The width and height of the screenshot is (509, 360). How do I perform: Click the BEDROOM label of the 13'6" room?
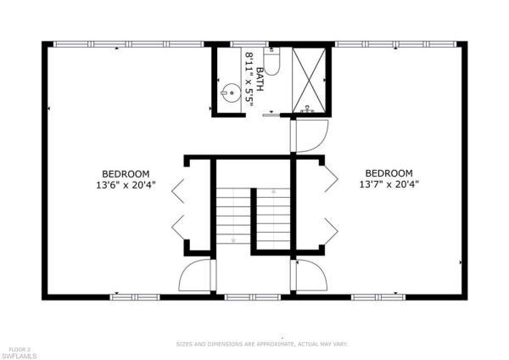(126, 174)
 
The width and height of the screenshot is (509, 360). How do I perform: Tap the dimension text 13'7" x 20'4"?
(389, 184)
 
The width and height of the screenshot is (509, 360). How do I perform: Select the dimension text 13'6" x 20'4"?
(126, 185)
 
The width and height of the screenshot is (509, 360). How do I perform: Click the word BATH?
(260, 79)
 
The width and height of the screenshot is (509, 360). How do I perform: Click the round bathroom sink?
(231, 93)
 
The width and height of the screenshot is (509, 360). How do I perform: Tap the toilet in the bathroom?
(271, 61)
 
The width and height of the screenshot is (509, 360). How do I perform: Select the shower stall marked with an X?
(309, 80)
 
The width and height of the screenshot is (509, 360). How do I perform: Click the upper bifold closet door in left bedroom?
(178, 191)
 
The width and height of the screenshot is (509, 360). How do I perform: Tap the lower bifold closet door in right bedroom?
(332, 231)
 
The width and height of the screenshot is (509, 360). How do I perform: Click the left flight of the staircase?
(233, 216)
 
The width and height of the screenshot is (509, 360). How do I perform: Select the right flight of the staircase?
(274, 215)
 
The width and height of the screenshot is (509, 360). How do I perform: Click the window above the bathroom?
(249, 44)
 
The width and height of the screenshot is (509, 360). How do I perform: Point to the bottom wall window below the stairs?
(253, 297)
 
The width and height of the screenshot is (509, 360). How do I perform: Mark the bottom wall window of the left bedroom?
(135, 297)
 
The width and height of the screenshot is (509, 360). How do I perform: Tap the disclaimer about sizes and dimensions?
(262, 344)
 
